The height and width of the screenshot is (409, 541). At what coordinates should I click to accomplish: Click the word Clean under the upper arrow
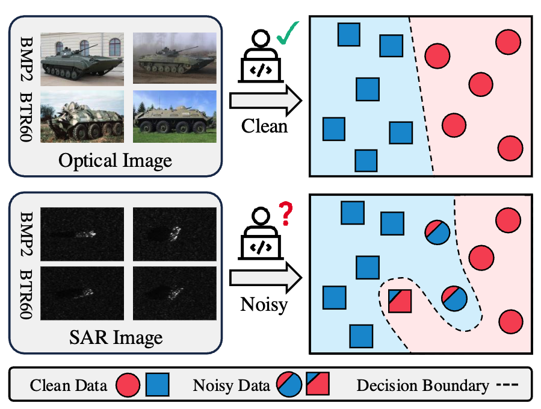pyautogui.click(x=264, y=126)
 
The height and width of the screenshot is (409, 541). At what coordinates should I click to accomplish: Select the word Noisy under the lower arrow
pyautogui.click(x=264, y=303)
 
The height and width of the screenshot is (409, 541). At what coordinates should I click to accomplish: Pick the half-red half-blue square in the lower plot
pyautogui.click(x=400, y=301)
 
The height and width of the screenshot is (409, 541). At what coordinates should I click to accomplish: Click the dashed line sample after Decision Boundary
pyautogui.click(x=507, y=385)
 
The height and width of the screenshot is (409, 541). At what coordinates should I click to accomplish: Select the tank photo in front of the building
pyautogui.click(x=82, y=58)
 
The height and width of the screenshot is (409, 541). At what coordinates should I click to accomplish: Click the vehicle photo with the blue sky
pyautogui.click(x=174, y=116)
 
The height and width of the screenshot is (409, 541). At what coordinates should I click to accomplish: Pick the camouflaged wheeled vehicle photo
pyautogui.click(x=82, y=116)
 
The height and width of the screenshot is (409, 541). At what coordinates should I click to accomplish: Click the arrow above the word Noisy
pyautogui.click(x=265, y=278)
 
